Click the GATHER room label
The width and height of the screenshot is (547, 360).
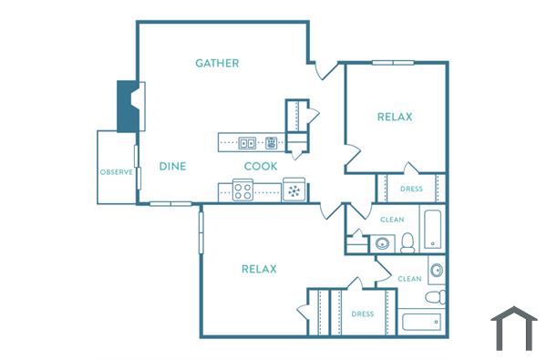[x=217, y=63]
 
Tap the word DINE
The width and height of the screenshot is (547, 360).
[x=172, y=166]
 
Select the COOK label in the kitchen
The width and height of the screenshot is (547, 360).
[x=261, y=166]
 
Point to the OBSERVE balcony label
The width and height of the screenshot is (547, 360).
[x=117, y=171]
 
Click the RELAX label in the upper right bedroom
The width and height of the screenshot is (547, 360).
[x=395, y=117]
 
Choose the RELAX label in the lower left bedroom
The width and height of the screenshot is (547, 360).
[x=259, y=269]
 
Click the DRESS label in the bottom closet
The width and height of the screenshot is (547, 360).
[x=363, y=314]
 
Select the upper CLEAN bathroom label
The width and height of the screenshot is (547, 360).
[x=392, y=220]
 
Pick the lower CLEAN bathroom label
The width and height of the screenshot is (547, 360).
[x=409, y=279]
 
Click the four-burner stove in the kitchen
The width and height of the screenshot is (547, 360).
[x=243, y=191]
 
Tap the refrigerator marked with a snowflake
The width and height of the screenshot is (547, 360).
[x=294, y=191]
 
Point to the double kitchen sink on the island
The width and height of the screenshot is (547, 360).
[x=248, y=142]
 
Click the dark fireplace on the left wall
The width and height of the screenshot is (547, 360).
[x=128, y=107]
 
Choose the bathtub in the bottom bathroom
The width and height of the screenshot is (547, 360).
[x=421, y=321]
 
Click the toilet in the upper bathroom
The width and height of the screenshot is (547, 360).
[x=408, y=242]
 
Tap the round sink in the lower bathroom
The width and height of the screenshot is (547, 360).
[x=437, y=271]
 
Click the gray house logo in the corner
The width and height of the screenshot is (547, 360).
[x=514, y=329]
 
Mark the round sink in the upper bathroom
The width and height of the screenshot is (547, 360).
[x=381, y=243]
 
